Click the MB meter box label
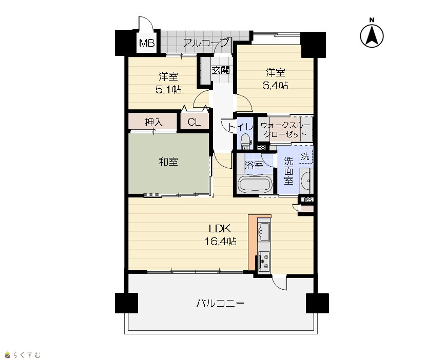click(147, 43)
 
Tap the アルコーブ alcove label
click(205, 43)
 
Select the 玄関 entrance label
click(221, 70)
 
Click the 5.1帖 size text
click(168, 90)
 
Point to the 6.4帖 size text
click(275, 85)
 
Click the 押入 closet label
click(154, 123)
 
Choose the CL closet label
click(194, 122)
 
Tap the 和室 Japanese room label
click(168, 162)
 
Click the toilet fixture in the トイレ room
click(245, 141)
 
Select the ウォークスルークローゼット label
click(285, 130)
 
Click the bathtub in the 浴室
click(255, 184)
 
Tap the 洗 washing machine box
click(305, 155)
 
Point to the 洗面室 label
click(288, 171)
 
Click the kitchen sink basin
click(264, 232)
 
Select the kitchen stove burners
click(264, 262)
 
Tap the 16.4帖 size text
click(220, 241)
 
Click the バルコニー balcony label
click(220, 304)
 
